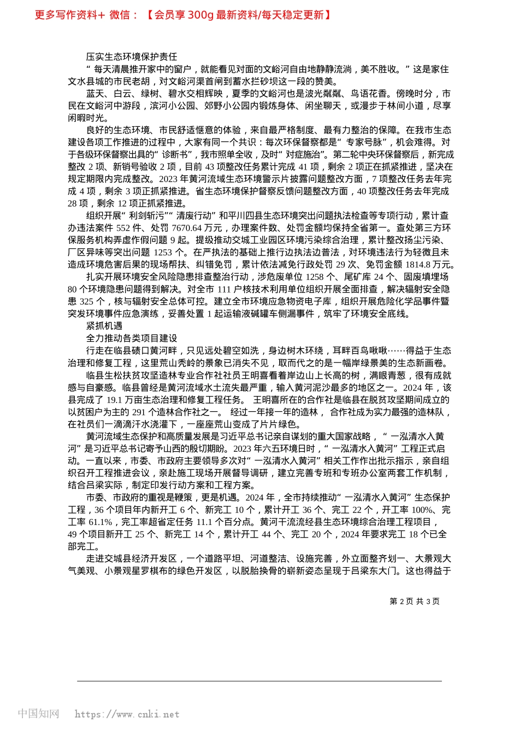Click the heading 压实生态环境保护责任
pos(132,57)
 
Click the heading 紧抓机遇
pos(104,326)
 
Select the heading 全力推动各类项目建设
pos(132,338)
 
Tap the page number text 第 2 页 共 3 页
pos(415,601)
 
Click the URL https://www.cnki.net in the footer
pos(127,714)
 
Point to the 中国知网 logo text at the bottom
pos(38,714)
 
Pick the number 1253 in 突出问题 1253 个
pos(163,253)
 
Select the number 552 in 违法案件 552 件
pos(123,228)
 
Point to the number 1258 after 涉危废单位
pos(315,277)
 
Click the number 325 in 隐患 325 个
pos(86,302)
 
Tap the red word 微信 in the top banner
pos(120,15)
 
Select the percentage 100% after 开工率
pos(422,510)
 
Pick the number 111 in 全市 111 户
pos(224,289)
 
